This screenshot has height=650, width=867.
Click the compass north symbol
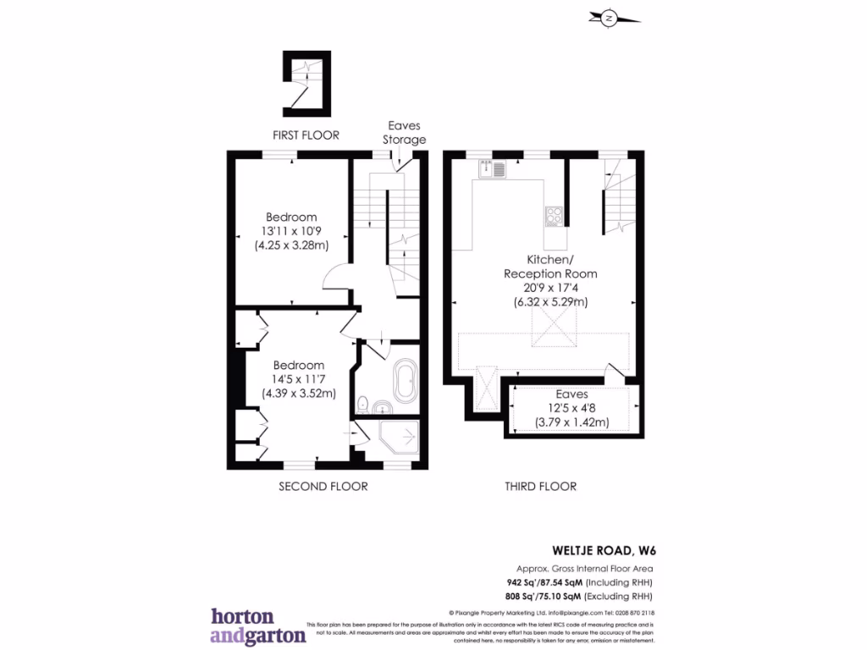tap(609, 19)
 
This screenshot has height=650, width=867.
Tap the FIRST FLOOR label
tap(306, 135)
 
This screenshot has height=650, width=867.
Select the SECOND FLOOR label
tap(323, 487)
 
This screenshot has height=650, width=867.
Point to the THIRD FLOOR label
tap(540, 487)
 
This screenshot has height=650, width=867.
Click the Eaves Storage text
tap(404, 133)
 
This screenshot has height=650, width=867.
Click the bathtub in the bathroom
tap(404, 383)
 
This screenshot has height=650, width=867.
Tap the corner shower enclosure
tap(400, 438)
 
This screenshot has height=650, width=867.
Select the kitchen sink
tap(493, 170)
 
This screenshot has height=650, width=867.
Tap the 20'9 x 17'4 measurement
tap(550, 288)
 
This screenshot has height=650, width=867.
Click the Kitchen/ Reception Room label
tap(550, 267)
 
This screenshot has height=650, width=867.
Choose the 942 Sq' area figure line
tap(575, 583)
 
